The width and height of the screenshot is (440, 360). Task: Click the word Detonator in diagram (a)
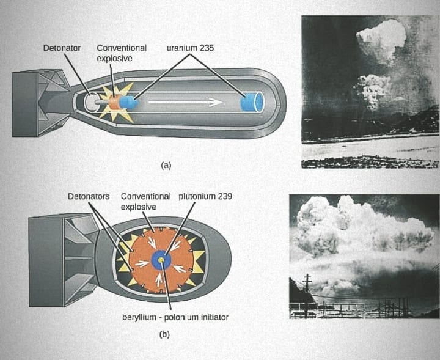(62, 48)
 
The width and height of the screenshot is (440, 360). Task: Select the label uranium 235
(189, 48)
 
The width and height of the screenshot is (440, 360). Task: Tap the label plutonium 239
(205, 197)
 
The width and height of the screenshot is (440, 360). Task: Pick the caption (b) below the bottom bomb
(164, 334)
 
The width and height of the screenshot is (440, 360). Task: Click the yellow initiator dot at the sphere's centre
(161, 261)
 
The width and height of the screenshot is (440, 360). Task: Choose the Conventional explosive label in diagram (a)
(122, 53)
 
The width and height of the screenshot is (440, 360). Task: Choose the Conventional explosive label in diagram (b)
(145, 202)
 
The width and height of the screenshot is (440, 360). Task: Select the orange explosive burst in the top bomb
(114, 102)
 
